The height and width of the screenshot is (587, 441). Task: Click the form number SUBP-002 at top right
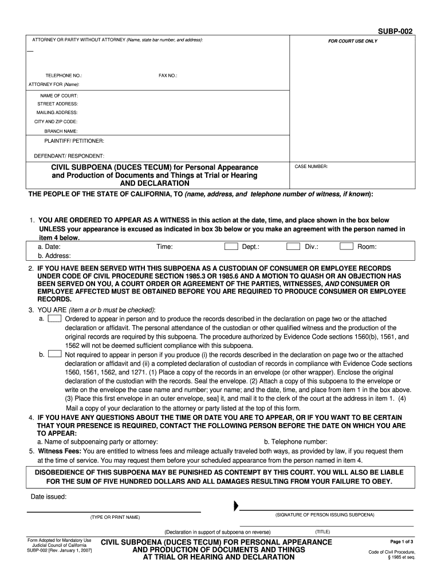[395, 31]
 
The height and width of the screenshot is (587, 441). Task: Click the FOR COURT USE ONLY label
[352, 41]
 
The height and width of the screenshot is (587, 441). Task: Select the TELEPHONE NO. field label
[64, 75]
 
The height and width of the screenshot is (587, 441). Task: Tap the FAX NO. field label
[168, 75]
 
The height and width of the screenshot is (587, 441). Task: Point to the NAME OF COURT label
[59, 95]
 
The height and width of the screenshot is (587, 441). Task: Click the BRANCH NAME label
[61, 131]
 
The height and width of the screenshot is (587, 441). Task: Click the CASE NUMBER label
[311, 166]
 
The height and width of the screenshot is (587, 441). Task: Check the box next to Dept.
[231, 246]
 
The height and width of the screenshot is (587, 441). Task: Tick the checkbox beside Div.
[293, 246]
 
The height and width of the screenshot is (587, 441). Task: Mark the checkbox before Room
[346, 246]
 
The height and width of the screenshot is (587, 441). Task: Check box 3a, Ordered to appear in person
[55, 318]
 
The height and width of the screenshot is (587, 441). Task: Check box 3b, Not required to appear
[55, 354]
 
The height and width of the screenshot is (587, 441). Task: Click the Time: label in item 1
[164, 247]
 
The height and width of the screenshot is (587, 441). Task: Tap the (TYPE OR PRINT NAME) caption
[115, 517]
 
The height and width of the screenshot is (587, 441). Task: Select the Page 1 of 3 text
[402, 542]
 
